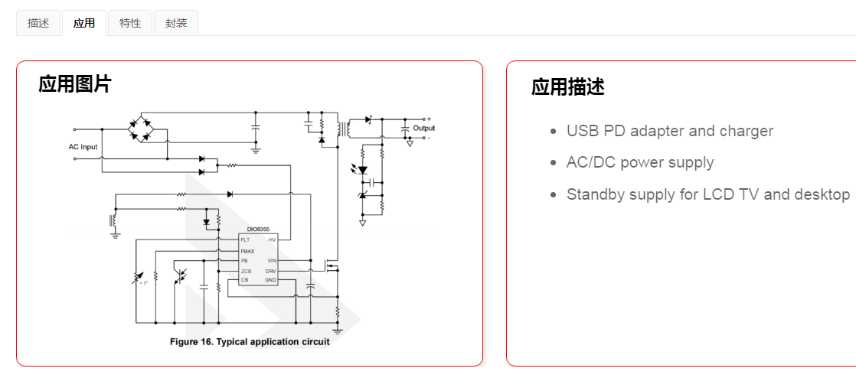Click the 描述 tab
click(38, 23)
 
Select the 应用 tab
click(84, 23)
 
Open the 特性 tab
click(130, 23)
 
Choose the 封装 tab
click(176, 23)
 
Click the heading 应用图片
click(74, 84)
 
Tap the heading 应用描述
click(567, 87)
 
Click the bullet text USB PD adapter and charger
click(669, 131)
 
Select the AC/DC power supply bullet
click(639, 162)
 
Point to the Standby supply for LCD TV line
click(707, 194)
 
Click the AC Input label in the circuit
click(83, 146)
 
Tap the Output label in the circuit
click(423, 129)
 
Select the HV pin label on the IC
click(272, 240)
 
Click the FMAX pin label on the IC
click(247, 251)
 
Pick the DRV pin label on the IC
click(270, 271)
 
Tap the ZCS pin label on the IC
click(246, 271)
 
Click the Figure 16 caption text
click(250, 342)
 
